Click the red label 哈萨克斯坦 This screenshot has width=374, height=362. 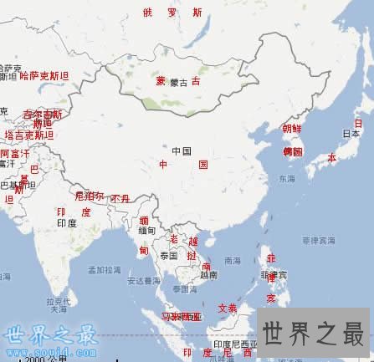(x=44, y=76)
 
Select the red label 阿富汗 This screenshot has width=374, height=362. (x=14, y=154)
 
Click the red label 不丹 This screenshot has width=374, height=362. (x=120, y=199)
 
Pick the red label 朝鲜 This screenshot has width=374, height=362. (x=291, y=129)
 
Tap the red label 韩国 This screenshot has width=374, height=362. (x=292, y=151)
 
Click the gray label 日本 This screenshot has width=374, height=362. (x=351, y=134)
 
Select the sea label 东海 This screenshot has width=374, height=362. (x=286, y=179)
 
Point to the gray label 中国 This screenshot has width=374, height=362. (x=182, y=150)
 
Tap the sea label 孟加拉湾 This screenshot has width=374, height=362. (x=104, y=271)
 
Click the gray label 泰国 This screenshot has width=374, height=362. (x=169, y=255)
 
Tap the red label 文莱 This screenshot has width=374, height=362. (x=227, y=308)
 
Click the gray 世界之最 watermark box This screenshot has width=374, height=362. (x=315, y=332)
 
